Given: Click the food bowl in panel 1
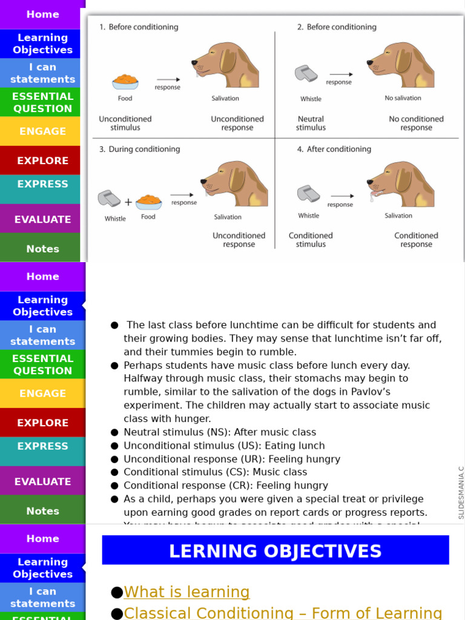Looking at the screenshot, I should tap(125, 81).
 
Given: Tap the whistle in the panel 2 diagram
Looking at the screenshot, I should tap(306, 74).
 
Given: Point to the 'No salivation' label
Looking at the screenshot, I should tap(403, 98).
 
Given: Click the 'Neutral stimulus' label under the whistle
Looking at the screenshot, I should tap(311, 124).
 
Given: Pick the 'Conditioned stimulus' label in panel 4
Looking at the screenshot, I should tap(311, 240).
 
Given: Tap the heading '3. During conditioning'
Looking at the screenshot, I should tap(139, 150).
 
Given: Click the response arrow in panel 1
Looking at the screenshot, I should tap(168, 79).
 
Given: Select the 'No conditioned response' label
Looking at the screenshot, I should tap(416, 124).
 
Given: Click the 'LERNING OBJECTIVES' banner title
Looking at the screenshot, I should tap(275, 551).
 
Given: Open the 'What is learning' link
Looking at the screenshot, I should tap(186, 592).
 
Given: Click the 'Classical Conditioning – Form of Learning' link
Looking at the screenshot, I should tap(283, 613).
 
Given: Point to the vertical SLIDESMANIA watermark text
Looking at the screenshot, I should tap(461, 492).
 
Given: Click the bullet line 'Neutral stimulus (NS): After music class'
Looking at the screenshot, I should tap(220, 432).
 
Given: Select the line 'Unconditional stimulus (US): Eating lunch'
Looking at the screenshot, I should tap(224, 446).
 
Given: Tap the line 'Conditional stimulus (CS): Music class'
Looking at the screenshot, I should tap(215, 472).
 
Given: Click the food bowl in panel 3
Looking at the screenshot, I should tap(148, 202).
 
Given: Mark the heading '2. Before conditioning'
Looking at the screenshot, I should tap(337, 27).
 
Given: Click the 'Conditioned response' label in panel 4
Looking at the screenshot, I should tap(416, 240).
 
